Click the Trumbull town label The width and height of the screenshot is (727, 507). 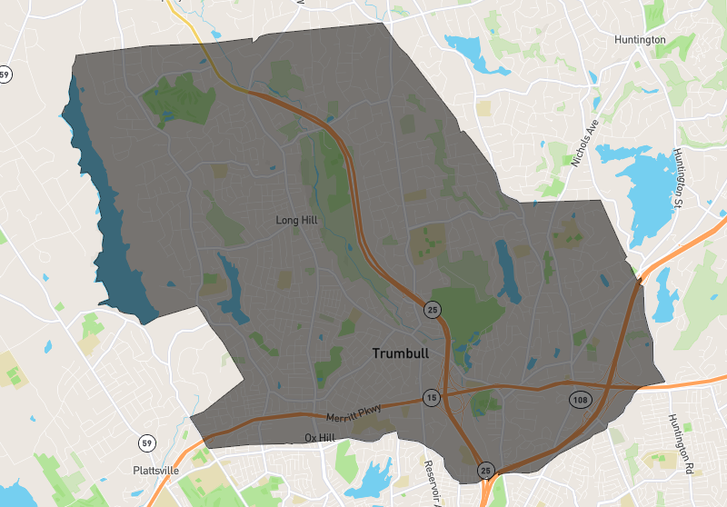point(400,353)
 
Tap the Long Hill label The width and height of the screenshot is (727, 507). point(299,220)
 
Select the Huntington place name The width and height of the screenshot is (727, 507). point(640,40)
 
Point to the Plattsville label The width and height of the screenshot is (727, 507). point(155,471)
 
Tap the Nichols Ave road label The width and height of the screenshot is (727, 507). point(587,142)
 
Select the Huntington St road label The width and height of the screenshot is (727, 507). point(679,178)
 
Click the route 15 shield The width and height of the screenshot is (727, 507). point(431,398)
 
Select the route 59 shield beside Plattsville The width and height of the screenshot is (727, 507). point(146,443)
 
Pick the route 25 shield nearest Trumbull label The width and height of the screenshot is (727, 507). point(432,309)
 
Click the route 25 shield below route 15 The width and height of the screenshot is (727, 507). point(485,471)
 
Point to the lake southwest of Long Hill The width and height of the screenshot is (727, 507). point(231,291)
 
